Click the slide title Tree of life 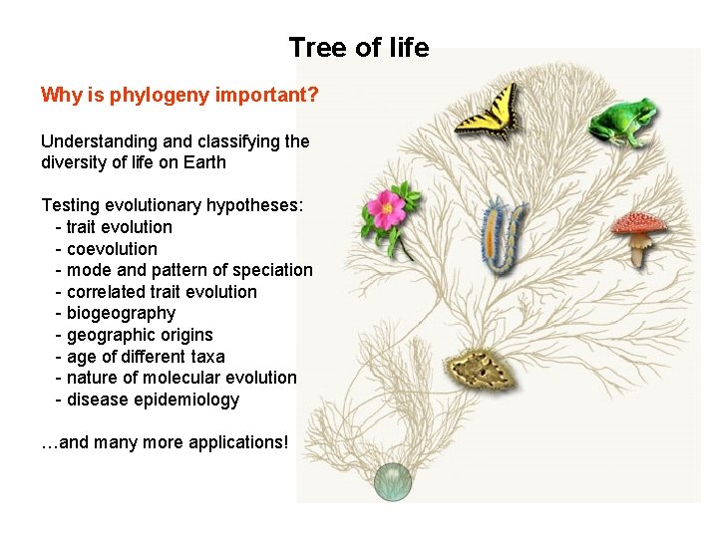(x=359, y=47)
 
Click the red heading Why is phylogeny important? (x=179, y=95)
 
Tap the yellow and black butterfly (x=488, y=112)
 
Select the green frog (x=620, y=122)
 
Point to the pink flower (x=385, y=212)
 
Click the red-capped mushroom (x=638, y=235)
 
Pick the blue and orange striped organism (x=503, y=238)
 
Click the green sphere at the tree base (x=393, y=482)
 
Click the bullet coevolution (x=112, y=249)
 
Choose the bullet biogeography (x=120, y=313)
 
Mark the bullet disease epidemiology (x=153, y=400)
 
